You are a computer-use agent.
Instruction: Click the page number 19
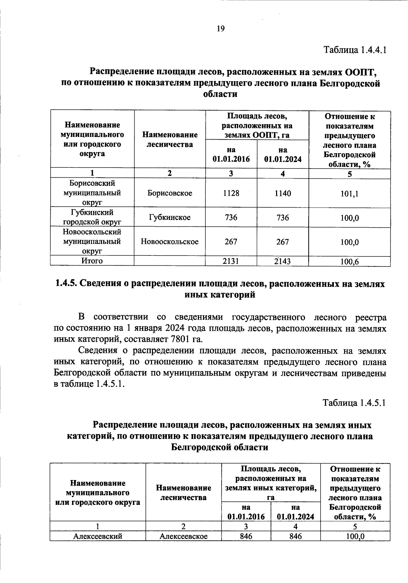[x=220, y=29]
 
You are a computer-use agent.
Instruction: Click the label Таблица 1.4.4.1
[x=355, y=50]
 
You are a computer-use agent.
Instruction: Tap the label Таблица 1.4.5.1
[x=354, y=403]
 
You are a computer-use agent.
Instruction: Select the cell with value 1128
[x=231, y=193]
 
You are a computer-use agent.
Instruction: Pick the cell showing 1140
[x=283, y=193]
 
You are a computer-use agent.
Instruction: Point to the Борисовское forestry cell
[x=170, y=193]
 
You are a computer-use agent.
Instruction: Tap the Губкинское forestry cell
[x=170, y=217]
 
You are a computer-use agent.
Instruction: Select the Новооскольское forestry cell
[x=170, y=242]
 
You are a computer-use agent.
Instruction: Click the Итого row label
[x=92, y=261]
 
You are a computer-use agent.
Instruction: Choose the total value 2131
[x=231, y=261]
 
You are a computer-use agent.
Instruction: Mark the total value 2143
[x=283, y=261]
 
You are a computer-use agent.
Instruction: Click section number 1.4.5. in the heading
[x=66, y=284]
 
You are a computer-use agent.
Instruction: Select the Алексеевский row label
[x=98, y=536]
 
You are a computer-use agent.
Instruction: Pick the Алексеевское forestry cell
[x=184, y=536]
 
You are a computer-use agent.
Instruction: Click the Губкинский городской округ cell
[x=92, y=217]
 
